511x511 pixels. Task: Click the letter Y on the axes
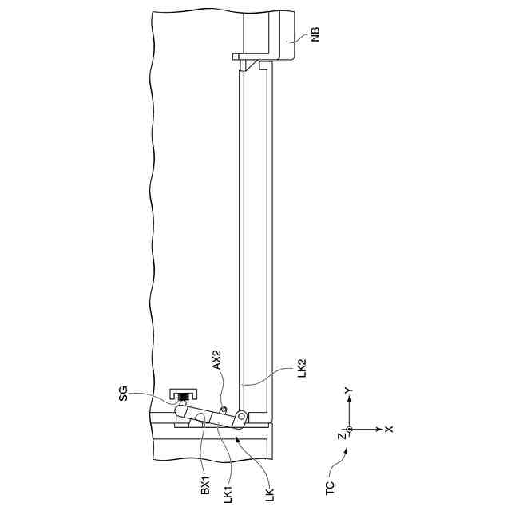349,390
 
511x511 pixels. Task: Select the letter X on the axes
389,429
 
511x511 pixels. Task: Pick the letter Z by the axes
340,436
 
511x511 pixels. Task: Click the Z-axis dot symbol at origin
349,429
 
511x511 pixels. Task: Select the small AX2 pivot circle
224,411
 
